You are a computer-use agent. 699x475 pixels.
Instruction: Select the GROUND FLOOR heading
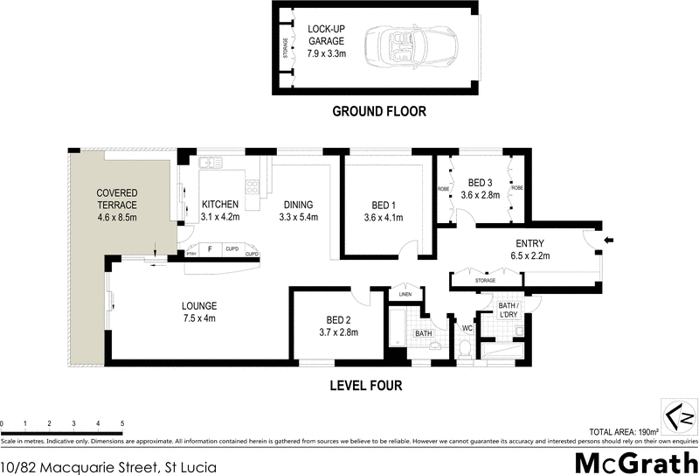coord(378,111)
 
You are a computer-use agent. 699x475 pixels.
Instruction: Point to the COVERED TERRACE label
coord(117,199)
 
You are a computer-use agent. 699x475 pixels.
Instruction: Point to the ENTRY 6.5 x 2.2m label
coord(531,248)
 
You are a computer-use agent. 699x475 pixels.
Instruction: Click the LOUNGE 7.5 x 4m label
coord(198,311)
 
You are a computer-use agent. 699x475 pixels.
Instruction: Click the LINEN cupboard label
coord(405,294)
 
